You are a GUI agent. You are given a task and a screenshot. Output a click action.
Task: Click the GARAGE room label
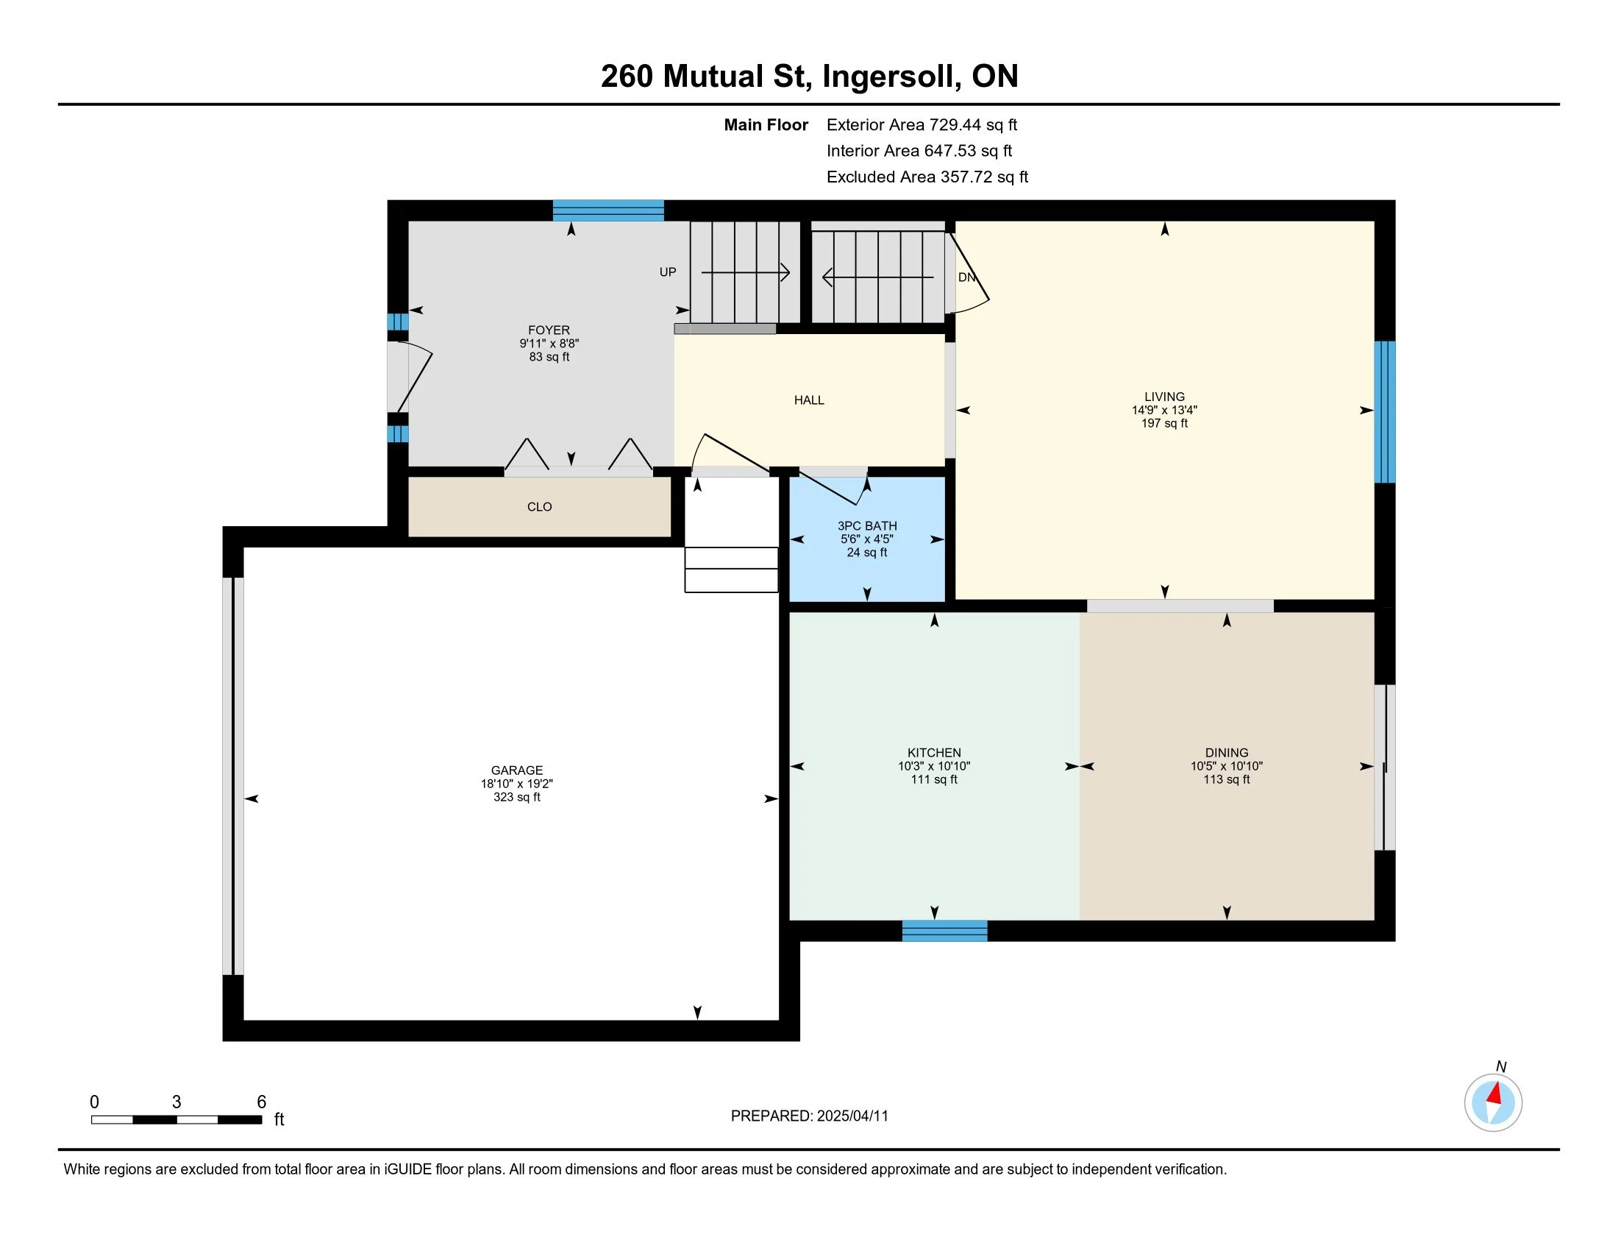516,770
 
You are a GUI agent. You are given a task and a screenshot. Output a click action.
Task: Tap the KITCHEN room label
934,752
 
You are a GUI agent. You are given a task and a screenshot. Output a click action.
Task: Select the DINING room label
1227,752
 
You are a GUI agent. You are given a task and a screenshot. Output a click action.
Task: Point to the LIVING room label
1165,397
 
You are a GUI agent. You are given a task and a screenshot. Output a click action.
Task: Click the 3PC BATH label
868,525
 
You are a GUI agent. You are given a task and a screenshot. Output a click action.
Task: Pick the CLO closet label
539,507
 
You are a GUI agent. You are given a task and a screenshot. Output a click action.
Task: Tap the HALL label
809,400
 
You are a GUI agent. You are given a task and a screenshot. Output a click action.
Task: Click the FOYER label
549,330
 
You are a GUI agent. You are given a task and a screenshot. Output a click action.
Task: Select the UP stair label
668,272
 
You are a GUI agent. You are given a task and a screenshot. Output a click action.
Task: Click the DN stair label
967,277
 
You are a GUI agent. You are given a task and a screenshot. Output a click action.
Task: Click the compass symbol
1494,1102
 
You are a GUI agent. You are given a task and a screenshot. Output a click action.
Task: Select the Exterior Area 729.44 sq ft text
922,124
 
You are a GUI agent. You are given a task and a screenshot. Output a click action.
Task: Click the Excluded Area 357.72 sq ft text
927,177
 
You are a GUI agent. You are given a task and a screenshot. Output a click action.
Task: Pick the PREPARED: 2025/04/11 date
809,1116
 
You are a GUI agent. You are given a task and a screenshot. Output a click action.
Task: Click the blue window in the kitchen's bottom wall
944,931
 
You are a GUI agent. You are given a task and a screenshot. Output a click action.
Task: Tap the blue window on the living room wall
1385,412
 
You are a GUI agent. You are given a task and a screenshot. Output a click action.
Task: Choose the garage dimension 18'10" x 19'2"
516,784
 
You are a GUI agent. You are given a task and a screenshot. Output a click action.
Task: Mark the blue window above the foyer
608,210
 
